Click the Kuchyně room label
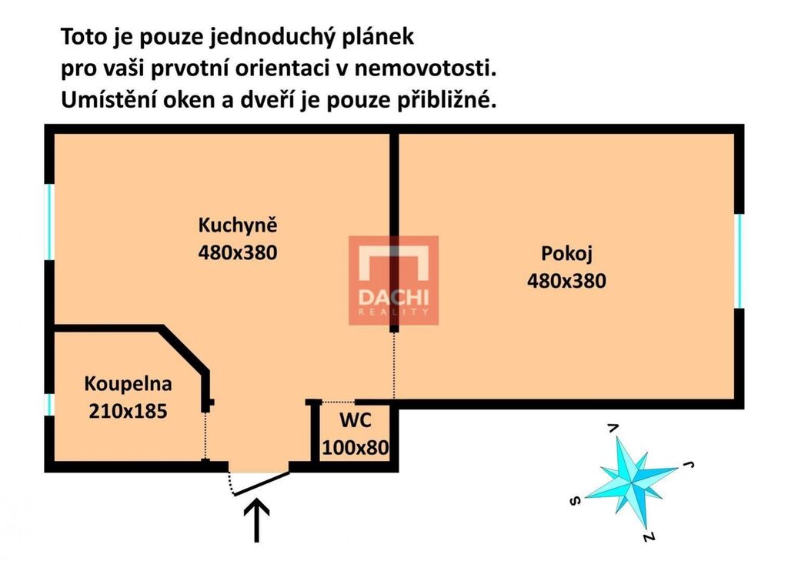(x=238, y=225)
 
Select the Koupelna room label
(x=129, y=383)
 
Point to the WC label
(x=356, y=419)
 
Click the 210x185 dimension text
(x=129, y=411)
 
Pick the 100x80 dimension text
(x=356, y=447)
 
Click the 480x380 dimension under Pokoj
(x=566, y=280)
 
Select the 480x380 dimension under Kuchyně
(x=238, y=252)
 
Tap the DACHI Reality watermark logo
(x=394, y=280)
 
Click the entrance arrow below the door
(x=256, y=520)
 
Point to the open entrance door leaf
(x=262, y=483)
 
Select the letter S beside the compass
(x=576, y=501)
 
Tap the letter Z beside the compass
(x=649, y=537)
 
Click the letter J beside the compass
(x=689, y=465)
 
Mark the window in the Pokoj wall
(x=739, y=260)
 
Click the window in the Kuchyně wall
(x=49, y=222)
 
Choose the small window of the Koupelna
(x=49, y=405)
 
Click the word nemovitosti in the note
(x=425, y=68)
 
